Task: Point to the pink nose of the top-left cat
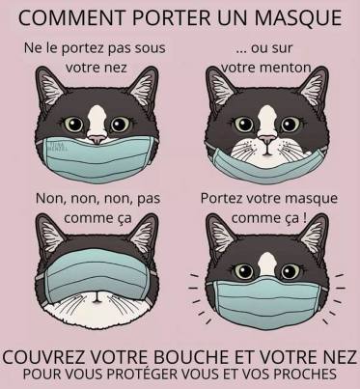[x=97, y=139]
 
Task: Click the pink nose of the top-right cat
[x=267, y=139]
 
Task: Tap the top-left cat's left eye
[x=73, y=125]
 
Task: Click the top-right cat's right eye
[x=291, y=125]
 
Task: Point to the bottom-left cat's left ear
[x=50, y=233]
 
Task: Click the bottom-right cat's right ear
[x=313, y=233]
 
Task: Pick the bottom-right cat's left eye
[x=243, y=271]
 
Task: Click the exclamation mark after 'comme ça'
[x=304, y=218]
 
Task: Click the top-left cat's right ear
[x=144, y=84]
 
